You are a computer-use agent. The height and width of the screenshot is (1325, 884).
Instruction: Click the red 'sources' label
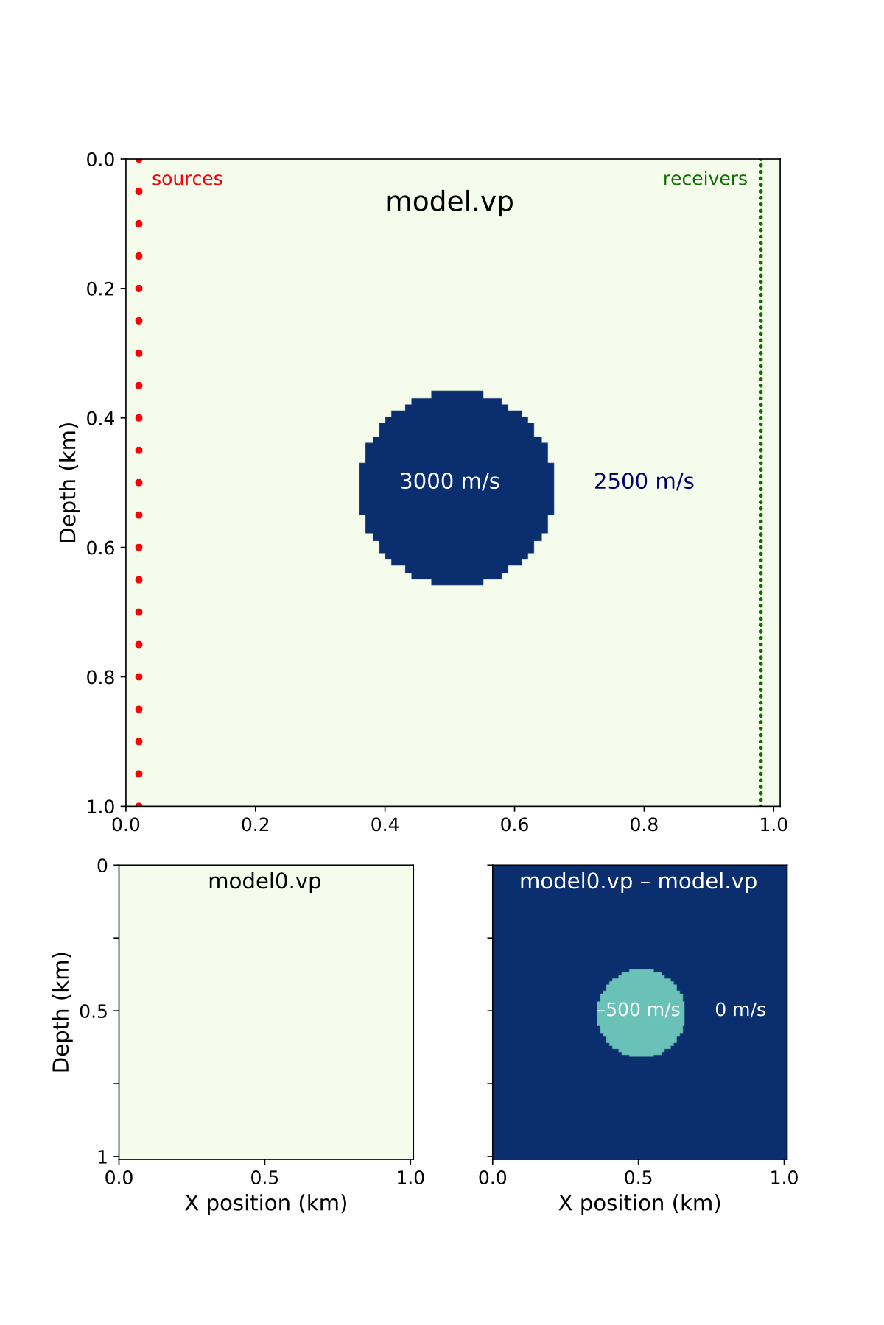coord(187,179)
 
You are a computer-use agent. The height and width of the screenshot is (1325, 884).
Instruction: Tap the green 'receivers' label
coord(705,179)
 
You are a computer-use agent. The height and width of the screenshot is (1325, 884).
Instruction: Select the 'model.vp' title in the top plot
coord(449,202)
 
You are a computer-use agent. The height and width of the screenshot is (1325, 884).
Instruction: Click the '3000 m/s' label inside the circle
coord(449,481)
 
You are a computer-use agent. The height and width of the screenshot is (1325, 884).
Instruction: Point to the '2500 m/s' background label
coord(644,481)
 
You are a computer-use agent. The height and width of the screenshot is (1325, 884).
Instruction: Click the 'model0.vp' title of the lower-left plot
coord(264,881)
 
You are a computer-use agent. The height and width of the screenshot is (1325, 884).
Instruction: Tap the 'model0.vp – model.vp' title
coord(638,881)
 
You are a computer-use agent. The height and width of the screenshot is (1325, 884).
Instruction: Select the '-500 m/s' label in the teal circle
coord(639,1009)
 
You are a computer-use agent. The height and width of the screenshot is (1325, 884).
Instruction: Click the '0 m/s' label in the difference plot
coord(740,1009)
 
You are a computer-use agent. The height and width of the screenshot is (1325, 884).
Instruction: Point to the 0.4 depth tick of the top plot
coord(101,418)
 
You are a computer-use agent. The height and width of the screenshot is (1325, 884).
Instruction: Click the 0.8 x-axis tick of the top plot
coord(644,824)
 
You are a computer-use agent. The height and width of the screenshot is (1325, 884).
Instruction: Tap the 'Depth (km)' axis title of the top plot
coord(68,482)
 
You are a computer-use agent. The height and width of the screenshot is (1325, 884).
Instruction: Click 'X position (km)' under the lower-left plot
coord(266,1203)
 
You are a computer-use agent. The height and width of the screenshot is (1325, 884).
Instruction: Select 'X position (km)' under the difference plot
coord(639,1203)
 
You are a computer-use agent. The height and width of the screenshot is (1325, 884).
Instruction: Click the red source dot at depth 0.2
coord(138,289)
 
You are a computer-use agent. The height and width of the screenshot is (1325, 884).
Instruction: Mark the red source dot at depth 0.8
coord(138,676)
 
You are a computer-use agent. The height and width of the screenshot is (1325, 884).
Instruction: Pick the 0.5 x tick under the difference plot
coord(638,1178)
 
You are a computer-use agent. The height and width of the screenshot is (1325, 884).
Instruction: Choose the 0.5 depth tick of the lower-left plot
coord(94,1011)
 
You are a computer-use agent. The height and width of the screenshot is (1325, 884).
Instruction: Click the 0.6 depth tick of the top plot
coord(101,548)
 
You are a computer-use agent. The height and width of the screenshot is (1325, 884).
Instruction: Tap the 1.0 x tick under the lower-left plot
coord(410,1178)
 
